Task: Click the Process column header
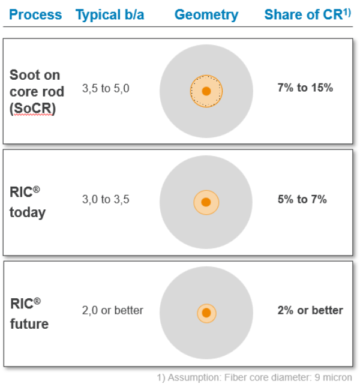[35, 14]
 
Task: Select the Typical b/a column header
[110, 15]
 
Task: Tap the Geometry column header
[206, 15]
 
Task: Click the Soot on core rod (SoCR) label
[37, 92]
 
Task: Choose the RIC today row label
[28, 202]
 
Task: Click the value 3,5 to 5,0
[106, 88]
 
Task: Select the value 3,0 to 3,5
[106, 199]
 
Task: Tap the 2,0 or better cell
[113, 310]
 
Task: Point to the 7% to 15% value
[305, 88]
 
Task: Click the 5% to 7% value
[302, 199]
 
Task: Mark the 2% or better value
[310, 310]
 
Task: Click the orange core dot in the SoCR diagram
[206, 91]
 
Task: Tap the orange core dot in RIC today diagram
[206, 202]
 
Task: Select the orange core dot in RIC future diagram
[206, 313]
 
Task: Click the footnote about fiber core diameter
[254, 377]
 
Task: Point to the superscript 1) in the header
[347, 12]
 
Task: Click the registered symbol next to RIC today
[36, 190]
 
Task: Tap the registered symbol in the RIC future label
[37, 301]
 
